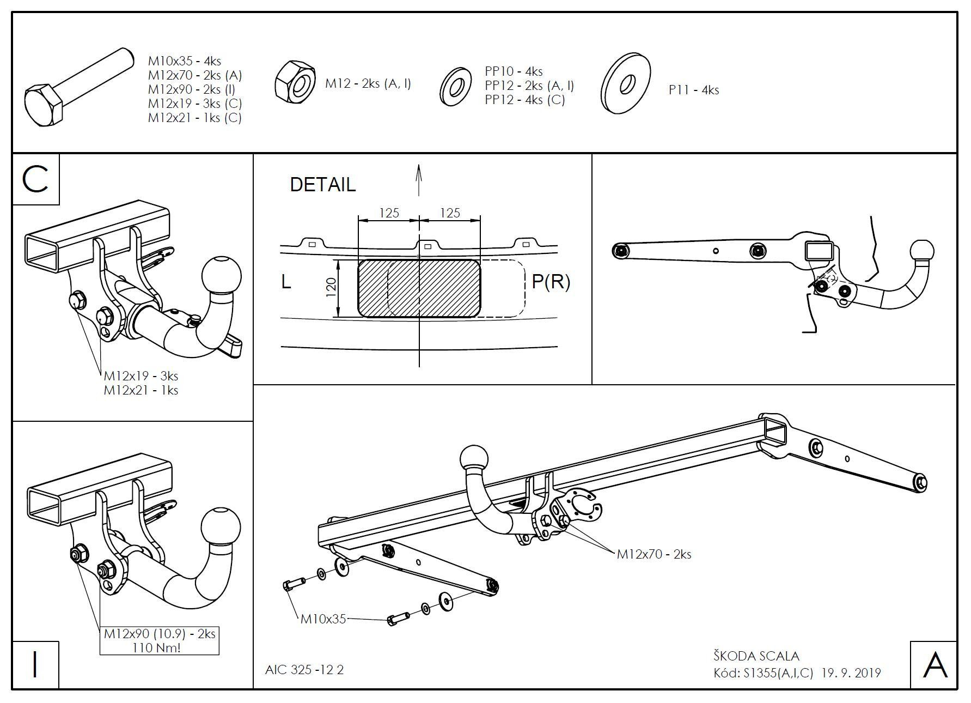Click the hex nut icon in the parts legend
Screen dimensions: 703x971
coord(295,82)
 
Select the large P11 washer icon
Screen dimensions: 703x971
coord(627,83)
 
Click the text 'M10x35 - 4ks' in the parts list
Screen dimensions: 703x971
coord(184,61)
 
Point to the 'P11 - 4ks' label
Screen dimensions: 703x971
coord(693,90)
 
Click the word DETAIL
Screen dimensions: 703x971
coord(322,185)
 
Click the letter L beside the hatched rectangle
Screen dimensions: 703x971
coord(286,282)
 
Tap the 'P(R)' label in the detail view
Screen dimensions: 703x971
coord(550,282)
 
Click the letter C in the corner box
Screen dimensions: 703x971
coord(35,179)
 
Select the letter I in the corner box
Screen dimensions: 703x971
coord(35,664)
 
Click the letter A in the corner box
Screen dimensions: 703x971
coord(935,665)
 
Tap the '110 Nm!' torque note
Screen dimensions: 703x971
coord(156,647)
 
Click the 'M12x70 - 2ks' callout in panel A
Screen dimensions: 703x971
coord(654,554)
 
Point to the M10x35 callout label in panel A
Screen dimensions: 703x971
coord(323,619)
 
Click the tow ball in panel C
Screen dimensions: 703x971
coord(221,274)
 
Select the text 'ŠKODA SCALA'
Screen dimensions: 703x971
coord(756,656)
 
